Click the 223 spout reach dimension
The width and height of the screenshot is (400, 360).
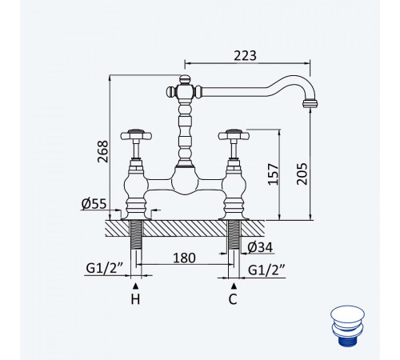[x=245, y=56]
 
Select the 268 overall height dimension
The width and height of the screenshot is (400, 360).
[x=103, y=151]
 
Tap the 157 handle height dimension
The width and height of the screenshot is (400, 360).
[x=273, y=174]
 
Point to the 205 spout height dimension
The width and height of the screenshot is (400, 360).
[x=302, y=174]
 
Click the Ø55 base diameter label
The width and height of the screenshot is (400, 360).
[x=94, y=204]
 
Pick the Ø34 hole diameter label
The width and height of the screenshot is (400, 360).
[x=260, y=247]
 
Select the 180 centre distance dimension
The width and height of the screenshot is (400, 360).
[x=184, y=258]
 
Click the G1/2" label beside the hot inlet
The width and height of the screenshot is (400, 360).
[x=104, y=268]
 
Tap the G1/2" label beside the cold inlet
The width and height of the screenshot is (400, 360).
[x=266, y=270]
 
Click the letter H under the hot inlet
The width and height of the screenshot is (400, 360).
[x=135, y=299]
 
